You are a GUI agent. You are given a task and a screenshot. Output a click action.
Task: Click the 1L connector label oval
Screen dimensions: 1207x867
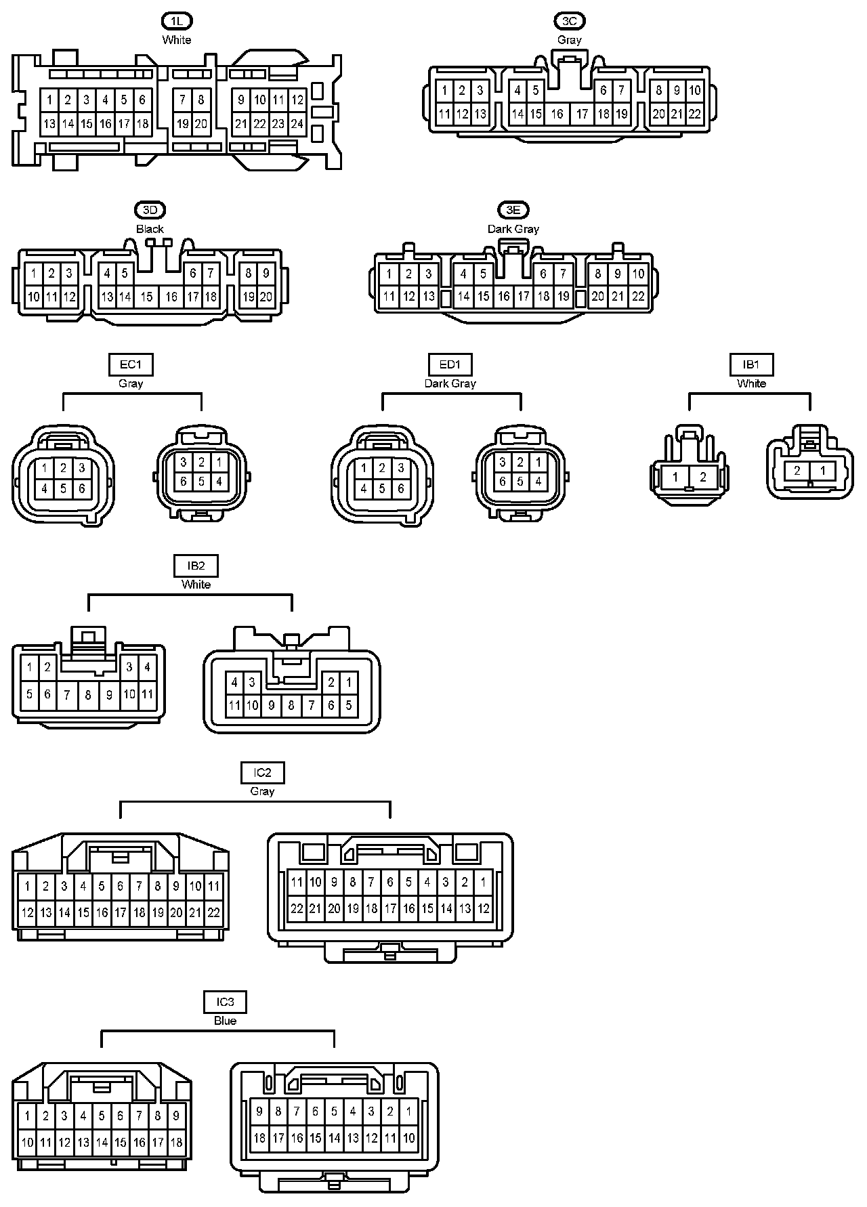[x=176, y=21]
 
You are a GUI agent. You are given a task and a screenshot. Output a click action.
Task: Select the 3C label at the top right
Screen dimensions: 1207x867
[x=570, y=21]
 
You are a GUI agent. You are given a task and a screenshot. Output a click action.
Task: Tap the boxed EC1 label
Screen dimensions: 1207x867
[x=131, y=364]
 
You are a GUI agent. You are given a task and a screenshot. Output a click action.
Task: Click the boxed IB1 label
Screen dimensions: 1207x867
[x=751, y=364]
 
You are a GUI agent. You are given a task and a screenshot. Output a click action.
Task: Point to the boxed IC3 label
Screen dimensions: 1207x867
[x=225, y=1002]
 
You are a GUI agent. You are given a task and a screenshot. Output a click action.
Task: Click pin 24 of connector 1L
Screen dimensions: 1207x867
[x=297, y=124]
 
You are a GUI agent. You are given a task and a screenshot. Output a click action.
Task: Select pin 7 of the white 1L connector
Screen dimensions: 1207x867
[x=183, y=100]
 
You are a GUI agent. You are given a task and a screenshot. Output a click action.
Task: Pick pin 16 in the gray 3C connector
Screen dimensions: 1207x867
[x=557, y=114]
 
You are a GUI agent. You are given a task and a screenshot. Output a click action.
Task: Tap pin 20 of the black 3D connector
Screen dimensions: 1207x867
[x=266, y=297]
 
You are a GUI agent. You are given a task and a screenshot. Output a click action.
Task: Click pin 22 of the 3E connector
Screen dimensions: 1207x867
[x=638, y=296]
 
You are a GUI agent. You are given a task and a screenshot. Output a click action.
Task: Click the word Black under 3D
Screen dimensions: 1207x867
[x=150, y=229]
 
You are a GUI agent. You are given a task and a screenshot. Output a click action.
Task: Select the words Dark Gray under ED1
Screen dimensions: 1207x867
[x=450, y=383]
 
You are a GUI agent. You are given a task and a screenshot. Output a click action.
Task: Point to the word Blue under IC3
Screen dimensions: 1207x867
[x=225, y=1021]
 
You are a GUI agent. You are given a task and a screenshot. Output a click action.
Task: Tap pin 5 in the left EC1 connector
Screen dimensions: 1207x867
[x=63, y=488]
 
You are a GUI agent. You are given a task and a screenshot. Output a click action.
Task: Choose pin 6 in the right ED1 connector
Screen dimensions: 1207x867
[x=502, y=482]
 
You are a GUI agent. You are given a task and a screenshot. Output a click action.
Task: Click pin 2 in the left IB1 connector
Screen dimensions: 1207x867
[x=702, y=478]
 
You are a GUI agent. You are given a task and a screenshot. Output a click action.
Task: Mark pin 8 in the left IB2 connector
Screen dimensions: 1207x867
[x=88, y=694]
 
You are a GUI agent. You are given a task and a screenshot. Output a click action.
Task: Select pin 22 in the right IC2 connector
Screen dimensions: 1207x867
[x=297, y=908]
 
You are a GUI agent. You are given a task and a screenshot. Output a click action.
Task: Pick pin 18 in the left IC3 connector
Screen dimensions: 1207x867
[x=176, y=1142]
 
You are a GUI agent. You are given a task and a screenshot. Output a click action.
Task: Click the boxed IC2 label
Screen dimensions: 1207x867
[x=262, y=772]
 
